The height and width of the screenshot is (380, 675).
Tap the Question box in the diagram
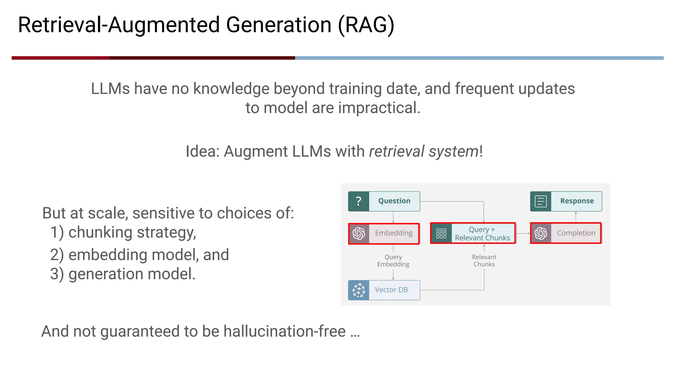point(384,201)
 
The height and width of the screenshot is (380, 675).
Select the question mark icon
point(359,201)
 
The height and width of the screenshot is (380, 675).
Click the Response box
point(566,201)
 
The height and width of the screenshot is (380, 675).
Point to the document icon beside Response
point(541,201)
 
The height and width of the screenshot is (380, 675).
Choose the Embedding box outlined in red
point(384,233)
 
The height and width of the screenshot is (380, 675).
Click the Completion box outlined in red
point(566,233)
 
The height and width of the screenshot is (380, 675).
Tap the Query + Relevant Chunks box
point(473,233)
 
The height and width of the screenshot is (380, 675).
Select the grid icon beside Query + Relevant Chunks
point(441,233)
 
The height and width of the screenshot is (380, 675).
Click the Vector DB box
point(384,290)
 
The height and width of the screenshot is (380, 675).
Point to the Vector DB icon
point(359,290)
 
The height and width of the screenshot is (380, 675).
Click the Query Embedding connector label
point(393,261)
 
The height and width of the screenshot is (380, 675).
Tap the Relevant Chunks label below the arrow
point(484,261)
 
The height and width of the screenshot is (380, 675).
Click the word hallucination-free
point(284,331)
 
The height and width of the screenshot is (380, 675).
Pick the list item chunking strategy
point(132,232)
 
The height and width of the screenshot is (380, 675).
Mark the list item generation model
point(132,274)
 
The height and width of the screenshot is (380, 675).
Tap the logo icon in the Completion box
point(541,233)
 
